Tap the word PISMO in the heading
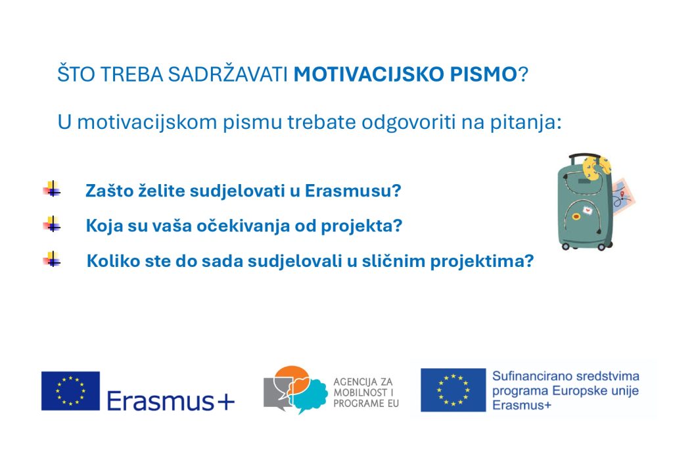(483, 74)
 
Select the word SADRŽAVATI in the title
(227, 74)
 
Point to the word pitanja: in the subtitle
(524, 122)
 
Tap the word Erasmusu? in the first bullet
(353, 191)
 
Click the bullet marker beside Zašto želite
(51, 189)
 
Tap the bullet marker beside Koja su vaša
(51, 224)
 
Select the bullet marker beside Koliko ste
(51, 259)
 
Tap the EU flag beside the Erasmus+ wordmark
(70, 391)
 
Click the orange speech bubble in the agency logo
(292, 377)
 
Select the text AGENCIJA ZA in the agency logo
(363, 381)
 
